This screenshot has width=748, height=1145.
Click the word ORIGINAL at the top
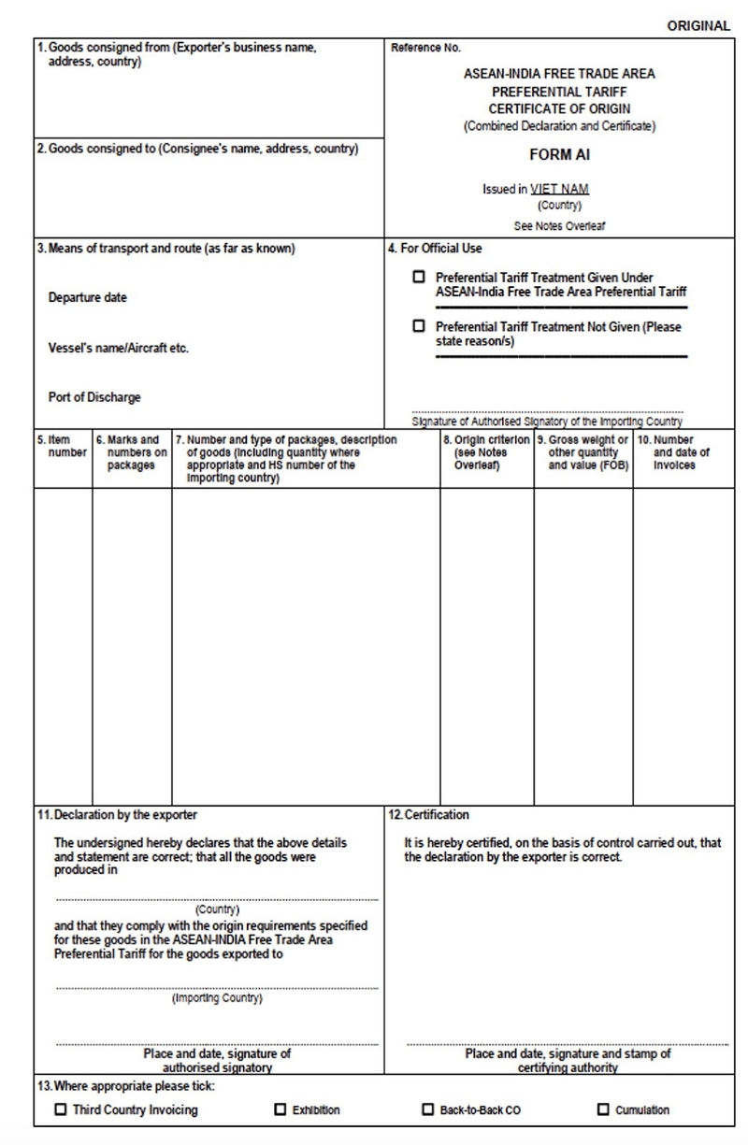coord(698,26)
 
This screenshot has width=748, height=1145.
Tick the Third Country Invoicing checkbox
coord(62,1109)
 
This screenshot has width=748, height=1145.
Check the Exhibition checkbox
coord(280,1109)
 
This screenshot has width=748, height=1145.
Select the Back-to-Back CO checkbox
coord(428,1109)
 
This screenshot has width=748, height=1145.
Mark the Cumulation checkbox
coord(603,1109)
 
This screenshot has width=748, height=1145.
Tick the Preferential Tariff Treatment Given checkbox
coord(419,278)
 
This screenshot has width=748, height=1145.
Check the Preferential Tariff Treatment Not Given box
coord(419,326)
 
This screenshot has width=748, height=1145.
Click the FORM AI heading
coord(559,156)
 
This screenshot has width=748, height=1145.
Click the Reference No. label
coord(425,47)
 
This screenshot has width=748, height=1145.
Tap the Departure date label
coord(87,298)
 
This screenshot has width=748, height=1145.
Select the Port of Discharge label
coord(94,397)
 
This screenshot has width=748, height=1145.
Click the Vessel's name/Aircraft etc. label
coord(119,348)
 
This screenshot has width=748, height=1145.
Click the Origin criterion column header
coord(486,452)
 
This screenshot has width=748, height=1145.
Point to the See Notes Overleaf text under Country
coord(559,226)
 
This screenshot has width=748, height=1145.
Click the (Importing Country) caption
coord(217,998)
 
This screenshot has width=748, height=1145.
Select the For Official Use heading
coord(436,249)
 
